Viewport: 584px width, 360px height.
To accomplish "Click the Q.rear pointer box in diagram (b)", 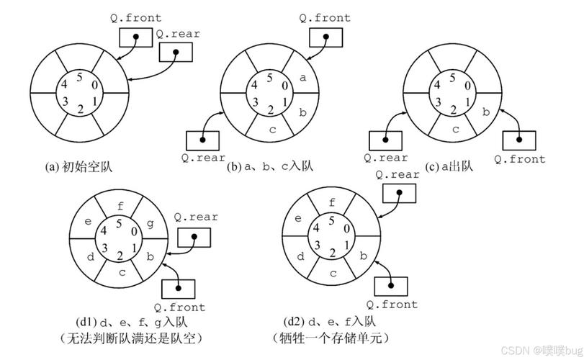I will coord(205,140).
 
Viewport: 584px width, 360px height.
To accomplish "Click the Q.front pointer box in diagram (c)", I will coord(517,140).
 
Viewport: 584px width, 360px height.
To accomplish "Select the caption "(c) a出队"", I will coord(449,166).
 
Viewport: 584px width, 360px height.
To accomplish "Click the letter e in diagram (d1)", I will coord(88,222).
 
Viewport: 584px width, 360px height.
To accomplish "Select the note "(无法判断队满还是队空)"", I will coord(121,337).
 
